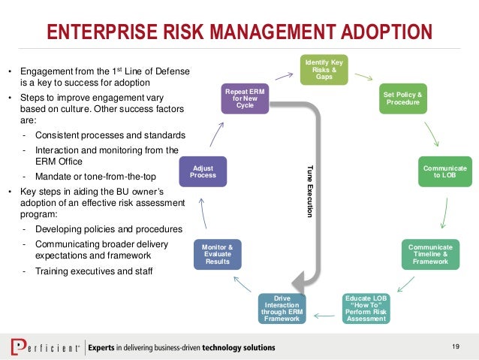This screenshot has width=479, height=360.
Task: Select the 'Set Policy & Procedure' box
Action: click(402, 98)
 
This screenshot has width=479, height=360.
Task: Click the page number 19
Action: click(455, 346)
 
